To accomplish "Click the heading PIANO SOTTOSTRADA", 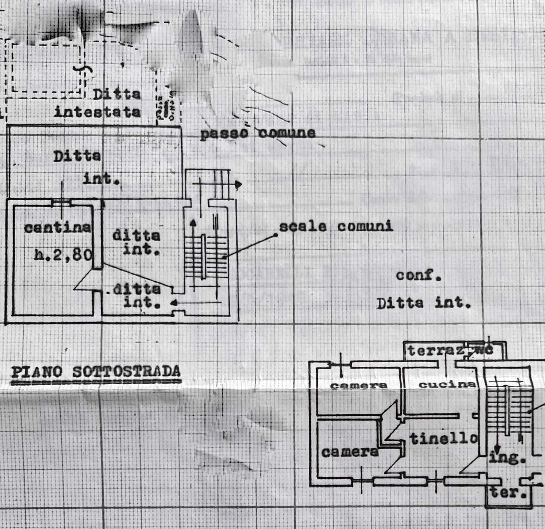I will pyautogui.click(x=96, y=372).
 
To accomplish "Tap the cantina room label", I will pyautogui.click(x=58, y=227).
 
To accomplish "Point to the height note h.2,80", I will pyautogui.click(x=63, y=254).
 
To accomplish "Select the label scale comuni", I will pyautogui.click(x=336, y=226).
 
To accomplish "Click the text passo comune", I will pyautogui.click(x=257, y=133).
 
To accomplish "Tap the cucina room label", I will pyautogui.click(x=447, y=385).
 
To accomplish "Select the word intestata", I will pyautogui.click(x=97, y=112).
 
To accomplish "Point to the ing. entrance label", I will pyautogui.click(x=507, y=458).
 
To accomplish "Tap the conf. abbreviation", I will pyautogui.click(x=419, y=275).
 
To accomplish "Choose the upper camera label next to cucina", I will pyautogui.click(x=359, y=386).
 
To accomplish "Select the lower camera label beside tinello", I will pyautogui.click(x=350, y=451).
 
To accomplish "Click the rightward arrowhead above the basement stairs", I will pyautogui.click(x=238, y=185).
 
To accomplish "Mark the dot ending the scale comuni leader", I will pyautogui.click(x=276, y=235).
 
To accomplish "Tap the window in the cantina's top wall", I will pyautogui.click(x=61, y=202).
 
